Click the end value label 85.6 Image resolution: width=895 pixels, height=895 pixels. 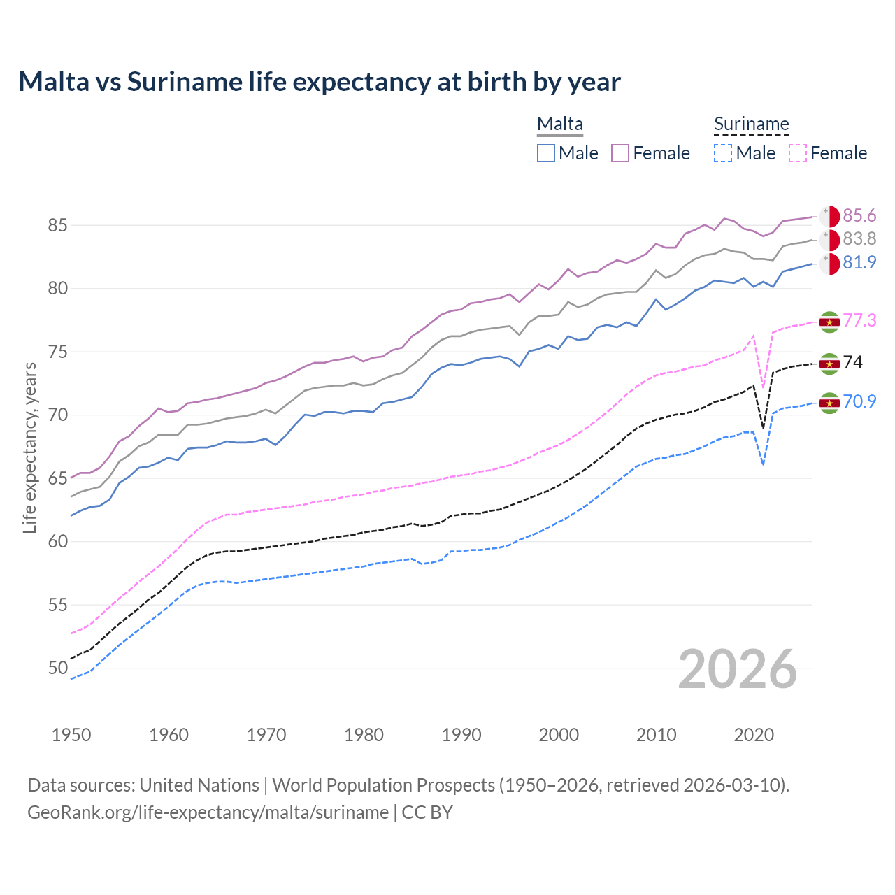click(859, 215)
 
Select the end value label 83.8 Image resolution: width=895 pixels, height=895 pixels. click(859, 239)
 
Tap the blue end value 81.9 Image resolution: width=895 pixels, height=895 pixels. click(859, 262)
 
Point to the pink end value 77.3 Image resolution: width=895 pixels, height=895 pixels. click(859, 320)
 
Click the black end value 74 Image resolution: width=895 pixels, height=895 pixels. click(853, 362)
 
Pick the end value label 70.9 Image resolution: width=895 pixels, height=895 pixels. click(859, 401)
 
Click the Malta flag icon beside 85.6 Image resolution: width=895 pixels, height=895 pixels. click(829, 217)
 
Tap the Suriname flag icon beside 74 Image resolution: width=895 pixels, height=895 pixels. click(829, 364)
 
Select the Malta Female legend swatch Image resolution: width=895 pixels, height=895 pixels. click(620, 153)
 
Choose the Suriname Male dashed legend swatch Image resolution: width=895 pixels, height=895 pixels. click(723, 153)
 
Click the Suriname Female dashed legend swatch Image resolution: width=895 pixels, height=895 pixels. click(797, 153)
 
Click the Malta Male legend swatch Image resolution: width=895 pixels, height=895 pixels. click(546, 153)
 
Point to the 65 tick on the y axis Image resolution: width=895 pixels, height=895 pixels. click(57, 479)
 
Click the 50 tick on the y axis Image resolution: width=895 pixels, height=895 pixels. click(57, 668)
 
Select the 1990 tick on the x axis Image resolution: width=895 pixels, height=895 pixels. click(461, 735)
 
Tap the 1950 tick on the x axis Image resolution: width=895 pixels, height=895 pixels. click(71, 735)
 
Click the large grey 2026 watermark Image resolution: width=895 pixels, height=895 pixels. click(738, 669)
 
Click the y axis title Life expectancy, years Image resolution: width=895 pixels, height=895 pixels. click(29, 447)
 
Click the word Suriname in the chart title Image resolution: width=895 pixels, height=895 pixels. click(185, 82)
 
